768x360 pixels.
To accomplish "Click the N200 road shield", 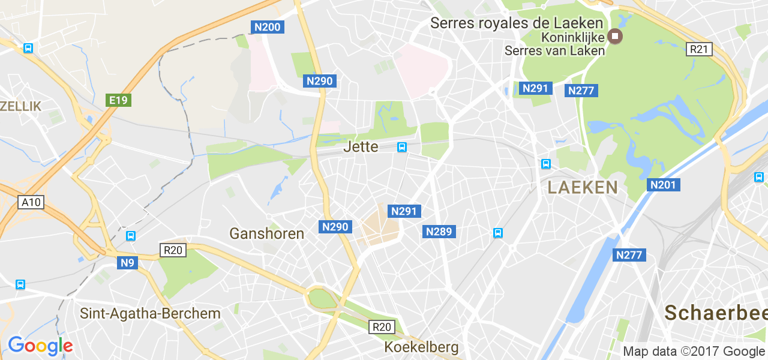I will coord(267,27).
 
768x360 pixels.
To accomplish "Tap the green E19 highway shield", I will coord(118,100).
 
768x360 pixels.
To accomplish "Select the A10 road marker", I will coord(31,202).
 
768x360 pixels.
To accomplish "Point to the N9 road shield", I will coord(127,262).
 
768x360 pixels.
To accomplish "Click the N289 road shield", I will coord(439,232).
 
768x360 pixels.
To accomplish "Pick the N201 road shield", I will coord(663,185).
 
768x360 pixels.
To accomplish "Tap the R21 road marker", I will coord(699,49).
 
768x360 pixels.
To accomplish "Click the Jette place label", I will coord(361,146).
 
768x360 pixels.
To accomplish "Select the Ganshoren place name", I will coord(267,233).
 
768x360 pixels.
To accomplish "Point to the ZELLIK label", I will coord(21,106).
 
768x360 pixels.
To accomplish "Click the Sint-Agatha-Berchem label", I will coord(150,313).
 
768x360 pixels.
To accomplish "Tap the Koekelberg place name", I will coord(421,347).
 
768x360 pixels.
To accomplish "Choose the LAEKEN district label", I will coord(582,187).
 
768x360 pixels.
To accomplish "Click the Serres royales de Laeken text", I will coord(517,23).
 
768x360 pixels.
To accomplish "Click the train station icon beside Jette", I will coord(401,147).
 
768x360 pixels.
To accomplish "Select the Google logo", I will coord(40,346).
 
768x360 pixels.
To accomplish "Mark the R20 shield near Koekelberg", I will coord(382,327).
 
